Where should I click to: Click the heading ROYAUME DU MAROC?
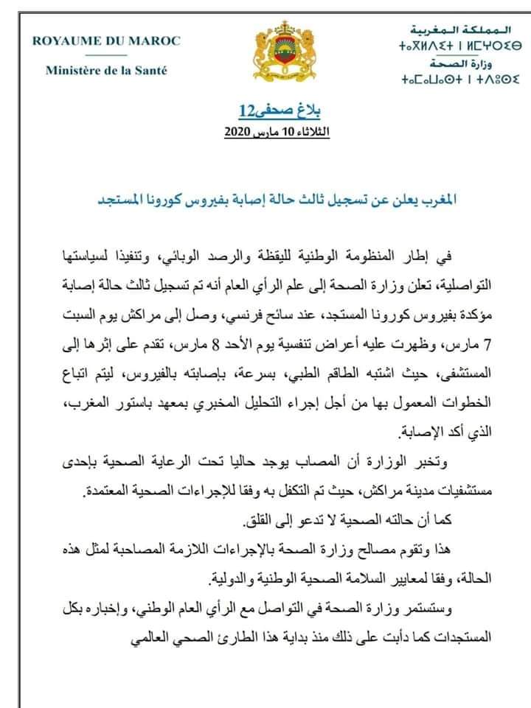(106, 41)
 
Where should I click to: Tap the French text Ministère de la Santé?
(106, 71)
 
